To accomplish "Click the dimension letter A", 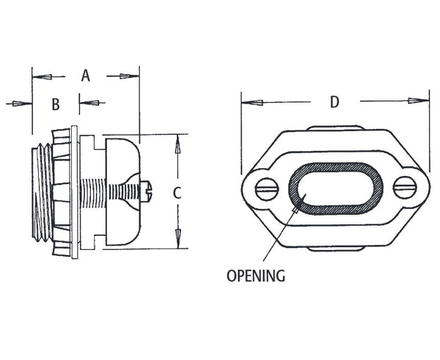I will pos(85,76).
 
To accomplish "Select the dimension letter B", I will pos(55,104).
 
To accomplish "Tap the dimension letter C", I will pos(176,193).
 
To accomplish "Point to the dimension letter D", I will pos(334,102).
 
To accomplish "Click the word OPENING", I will pos(255,276).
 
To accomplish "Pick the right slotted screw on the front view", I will pos(404,188).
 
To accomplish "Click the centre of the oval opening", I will pos(334,188).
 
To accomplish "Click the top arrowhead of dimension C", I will pos(176,145).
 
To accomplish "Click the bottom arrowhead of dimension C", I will pos(176,239).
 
